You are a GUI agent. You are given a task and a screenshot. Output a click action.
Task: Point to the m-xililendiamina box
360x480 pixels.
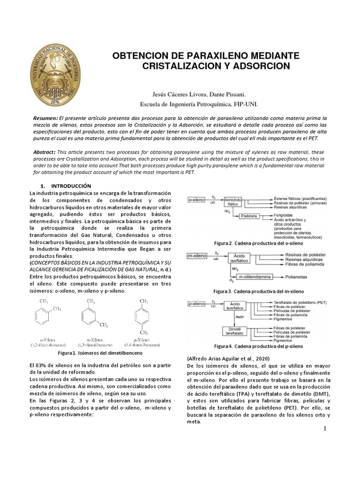pyautogui.click(x=255, y=277)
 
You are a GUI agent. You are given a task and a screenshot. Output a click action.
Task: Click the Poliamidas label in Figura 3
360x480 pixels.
pyautogui.click(x=298, y=277)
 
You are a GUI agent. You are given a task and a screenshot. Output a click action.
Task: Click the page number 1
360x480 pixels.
pyautogui.click(x=324, y=429)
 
